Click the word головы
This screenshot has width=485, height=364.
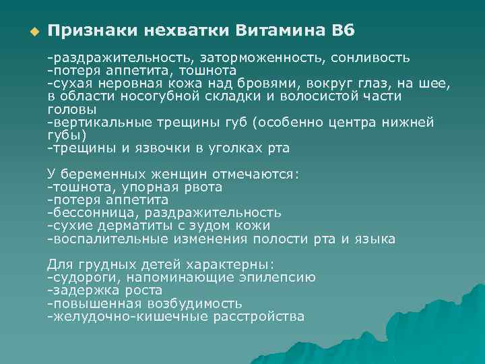click(x=71, y=109)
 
